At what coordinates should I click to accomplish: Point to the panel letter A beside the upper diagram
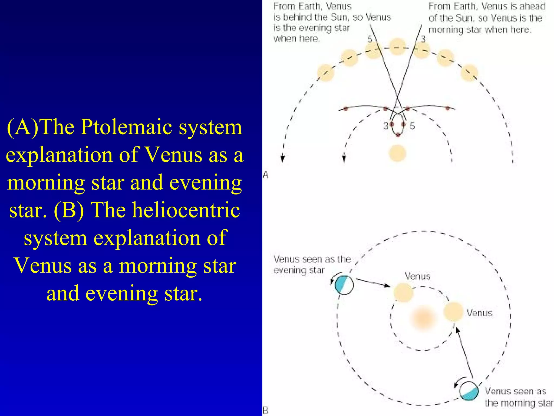(266, 175)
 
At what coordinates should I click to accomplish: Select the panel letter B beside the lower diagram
(266, 411)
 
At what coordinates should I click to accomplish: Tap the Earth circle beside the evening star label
(344, 285)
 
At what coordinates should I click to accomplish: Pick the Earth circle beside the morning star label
(469, 391)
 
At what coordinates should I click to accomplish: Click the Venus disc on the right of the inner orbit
(454, 312)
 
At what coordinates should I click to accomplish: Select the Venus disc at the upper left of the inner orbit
(403, 293)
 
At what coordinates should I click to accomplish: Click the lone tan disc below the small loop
(397, 153)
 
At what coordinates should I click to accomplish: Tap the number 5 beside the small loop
(412, 126)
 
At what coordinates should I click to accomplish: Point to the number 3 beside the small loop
(386, 126)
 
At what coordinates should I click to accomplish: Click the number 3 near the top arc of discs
(423, 39)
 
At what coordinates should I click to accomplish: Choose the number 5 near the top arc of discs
(370, 39)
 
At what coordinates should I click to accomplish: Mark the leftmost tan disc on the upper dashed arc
(326, 73)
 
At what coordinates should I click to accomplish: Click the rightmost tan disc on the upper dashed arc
(469, 73)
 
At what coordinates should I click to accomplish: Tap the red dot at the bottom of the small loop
(398, 135)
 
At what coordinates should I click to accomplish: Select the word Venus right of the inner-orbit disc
(480, 313)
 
